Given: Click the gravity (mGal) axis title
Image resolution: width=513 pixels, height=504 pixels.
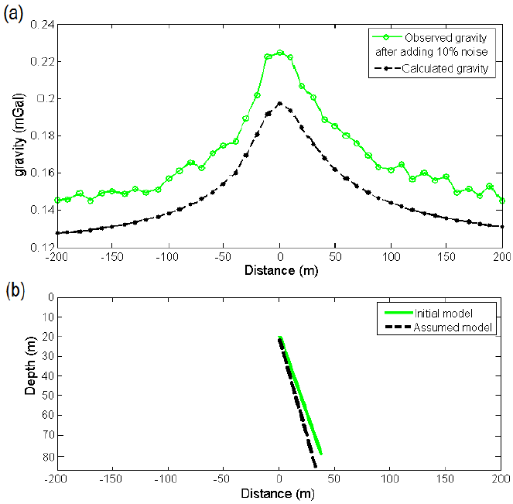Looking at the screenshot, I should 20,136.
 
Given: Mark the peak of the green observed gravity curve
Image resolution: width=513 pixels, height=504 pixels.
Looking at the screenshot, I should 279,53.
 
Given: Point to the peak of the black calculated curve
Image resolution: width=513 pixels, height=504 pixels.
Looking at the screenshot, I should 279,103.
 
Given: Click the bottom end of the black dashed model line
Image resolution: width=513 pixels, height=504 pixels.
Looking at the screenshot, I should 316,467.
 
